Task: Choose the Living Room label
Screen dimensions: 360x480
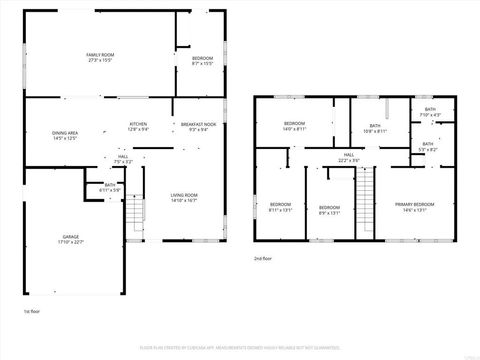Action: [x=183, y=195]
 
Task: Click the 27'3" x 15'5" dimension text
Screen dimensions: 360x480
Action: [x=99, y=59]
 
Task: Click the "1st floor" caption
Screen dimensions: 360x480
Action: [x=33, y=312]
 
